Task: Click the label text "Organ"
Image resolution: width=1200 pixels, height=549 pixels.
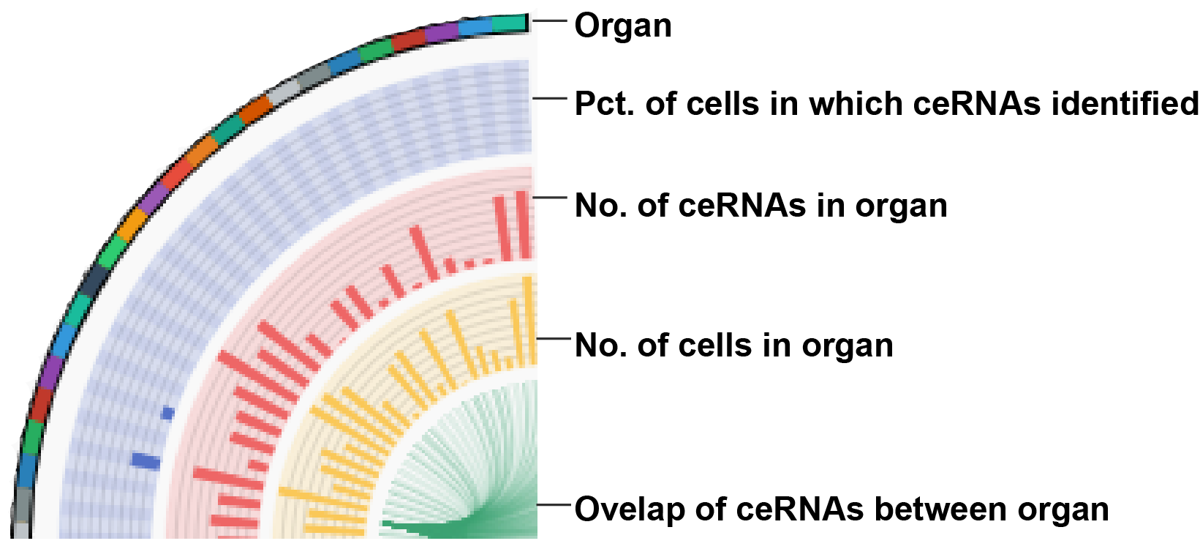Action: pos(622,25)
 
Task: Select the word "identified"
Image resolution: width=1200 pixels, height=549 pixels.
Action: pos(1125,103)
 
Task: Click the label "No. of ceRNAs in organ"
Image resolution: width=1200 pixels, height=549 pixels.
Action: pos(761,206)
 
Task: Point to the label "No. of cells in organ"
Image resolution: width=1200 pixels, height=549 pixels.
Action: pos(734,345)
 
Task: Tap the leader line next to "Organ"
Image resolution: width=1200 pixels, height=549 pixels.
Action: pos(550,20)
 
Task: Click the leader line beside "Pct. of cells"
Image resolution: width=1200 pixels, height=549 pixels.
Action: pos(550,98)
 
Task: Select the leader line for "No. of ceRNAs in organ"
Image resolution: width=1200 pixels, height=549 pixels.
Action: pos(550,198)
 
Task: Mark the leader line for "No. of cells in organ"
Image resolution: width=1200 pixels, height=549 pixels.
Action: pos(552,338)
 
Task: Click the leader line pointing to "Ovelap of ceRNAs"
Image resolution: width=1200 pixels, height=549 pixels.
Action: pos(552,504)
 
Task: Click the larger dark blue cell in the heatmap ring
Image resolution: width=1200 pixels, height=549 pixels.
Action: pos(146,461)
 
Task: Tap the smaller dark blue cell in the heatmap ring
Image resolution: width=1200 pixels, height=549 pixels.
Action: pos(167,414)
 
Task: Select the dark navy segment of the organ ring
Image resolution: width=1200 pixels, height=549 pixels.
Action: pos(94,280)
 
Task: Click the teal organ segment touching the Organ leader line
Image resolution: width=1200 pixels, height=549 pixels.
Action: pos(510,23)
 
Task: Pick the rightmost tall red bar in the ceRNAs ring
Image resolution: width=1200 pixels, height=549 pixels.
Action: pos(523,225)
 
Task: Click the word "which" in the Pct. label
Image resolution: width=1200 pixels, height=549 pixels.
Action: pos(855,103)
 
